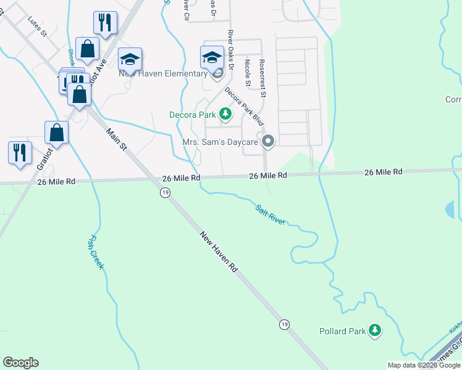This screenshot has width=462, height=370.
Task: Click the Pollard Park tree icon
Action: pyautogui.click(x=375, y=331)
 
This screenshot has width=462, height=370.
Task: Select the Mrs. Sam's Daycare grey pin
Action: pyautogui.click(x=268, y=142)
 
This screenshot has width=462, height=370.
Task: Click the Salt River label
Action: pyautogui.click(x=271, y=213)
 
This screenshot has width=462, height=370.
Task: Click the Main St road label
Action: pyautogui.click(x=115, y=141)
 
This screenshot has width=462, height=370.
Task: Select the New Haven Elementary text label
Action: pyautogui.click(x=163, y=74)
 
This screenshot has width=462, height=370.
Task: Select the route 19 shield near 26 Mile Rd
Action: pyautogui.click(x=164, y=193)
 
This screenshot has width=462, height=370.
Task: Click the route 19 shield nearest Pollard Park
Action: pyautogui.click(x=284, y=324)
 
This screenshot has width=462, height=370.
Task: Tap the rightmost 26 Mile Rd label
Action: pyautogui.click(x=383, y=172)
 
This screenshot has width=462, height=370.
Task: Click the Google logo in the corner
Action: pyautogui.click(x=20, y=363)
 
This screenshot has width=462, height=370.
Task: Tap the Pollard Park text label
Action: pyautogui.click(x=343, y=331)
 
